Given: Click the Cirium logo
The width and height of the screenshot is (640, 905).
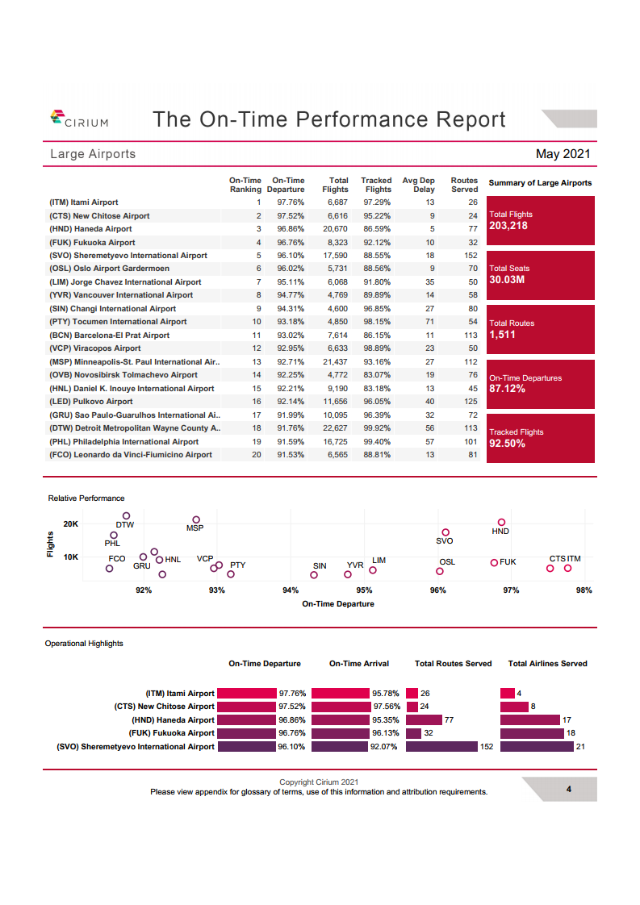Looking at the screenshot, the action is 79,119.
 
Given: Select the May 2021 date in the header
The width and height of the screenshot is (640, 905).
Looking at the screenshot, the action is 563,154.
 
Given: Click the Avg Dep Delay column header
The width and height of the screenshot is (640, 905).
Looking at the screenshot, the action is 418,185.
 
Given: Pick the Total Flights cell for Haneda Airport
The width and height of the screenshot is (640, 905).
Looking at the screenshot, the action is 335,229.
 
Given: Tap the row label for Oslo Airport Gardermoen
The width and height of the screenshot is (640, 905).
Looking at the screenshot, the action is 109,269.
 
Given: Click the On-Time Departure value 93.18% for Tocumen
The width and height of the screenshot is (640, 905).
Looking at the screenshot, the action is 291,322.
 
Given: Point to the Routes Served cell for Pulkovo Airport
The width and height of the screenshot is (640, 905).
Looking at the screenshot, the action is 471,401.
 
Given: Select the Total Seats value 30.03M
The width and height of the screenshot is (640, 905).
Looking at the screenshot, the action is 507,280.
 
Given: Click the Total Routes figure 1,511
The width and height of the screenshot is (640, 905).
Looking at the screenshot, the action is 502,335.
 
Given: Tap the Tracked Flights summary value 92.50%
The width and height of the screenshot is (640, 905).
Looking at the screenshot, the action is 507,444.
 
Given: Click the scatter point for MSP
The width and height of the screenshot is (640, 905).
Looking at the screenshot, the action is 196,520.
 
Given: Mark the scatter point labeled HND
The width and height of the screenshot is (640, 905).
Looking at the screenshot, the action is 501,523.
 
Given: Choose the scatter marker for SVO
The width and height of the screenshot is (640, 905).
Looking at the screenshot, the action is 445,532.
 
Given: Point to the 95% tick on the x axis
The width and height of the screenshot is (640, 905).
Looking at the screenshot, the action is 364,590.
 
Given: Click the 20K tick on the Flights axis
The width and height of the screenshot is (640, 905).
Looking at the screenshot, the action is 70,524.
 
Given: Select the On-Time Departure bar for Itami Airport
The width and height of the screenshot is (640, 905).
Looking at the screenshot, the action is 247,693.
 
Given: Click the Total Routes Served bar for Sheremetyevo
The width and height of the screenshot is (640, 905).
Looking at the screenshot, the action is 442,746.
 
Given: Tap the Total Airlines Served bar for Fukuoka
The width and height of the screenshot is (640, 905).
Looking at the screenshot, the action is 532,733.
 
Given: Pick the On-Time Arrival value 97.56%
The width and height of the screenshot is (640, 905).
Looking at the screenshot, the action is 387,707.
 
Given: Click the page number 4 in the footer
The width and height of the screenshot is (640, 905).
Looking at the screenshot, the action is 568,789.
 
